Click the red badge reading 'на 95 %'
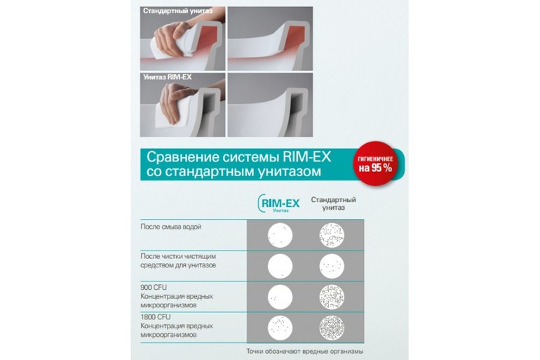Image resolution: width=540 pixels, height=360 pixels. tap(375, 164)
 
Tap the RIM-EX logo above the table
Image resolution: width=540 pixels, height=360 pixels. tap(278, 204)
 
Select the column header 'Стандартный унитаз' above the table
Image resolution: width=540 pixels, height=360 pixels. tap(333, 204)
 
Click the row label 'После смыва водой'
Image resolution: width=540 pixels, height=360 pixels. tap(171, 227)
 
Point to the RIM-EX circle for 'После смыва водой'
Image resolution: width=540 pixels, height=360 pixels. tap(280, 236)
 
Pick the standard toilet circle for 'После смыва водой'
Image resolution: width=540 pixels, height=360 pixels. tap(332, 236)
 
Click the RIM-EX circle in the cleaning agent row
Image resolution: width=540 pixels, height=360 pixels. tap(280, 266)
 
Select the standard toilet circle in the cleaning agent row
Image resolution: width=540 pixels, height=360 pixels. tap(332, 266)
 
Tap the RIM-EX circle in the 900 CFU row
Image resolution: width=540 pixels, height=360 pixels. tap(280, 297)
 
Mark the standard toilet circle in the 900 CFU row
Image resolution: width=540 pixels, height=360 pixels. tap(332, 297)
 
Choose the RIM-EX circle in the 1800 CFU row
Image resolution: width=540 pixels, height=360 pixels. tap(280, 328)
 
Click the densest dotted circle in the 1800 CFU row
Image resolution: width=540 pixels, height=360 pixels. tap(332, 328)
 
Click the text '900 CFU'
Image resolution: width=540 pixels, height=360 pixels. tap(154, 287)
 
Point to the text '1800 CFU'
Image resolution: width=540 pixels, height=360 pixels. tap(155, 317)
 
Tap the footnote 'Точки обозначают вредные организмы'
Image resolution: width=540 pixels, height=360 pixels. tap(305, 352)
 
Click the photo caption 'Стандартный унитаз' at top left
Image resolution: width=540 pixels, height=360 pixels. tap(177, 11)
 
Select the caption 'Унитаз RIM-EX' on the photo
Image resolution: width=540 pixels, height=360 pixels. tap(168, 76)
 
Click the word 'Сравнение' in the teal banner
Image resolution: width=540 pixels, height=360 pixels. tap(178, 157)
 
